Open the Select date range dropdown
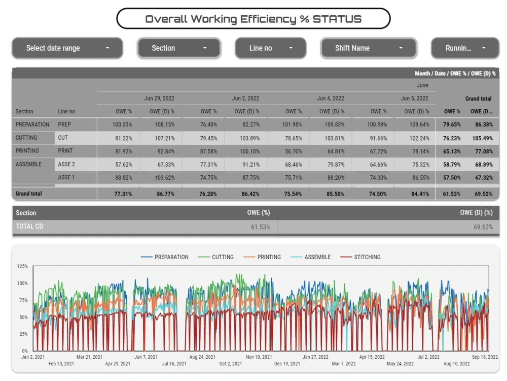tap(67, 48)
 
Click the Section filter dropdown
tap(179, 48)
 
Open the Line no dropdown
tap(271, 48)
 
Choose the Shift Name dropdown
tap(369, 48)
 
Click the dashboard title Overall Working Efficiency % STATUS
tap(253, 19)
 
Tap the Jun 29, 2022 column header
tap(159, 98)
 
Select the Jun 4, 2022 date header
tap(331, 98)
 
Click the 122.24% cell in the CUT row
tap(419, 138)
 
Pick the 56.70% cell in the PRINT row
tap(294, 151)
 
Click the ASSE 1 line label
tap(66, 177)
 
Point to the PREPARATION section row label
tap(32, 124)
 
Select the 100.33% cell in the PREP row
tap(122, 124)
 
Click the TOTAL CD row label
tap(29, 227)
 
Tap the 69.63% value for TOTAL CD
tap(483, 227)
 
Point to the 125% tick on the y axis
tap(22, 266)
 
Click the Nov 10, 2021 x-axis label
tap(259, 357)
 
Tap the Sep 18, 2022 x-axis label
tap(485, 357)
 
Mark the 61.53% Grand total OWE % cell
tap(452, 194)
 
